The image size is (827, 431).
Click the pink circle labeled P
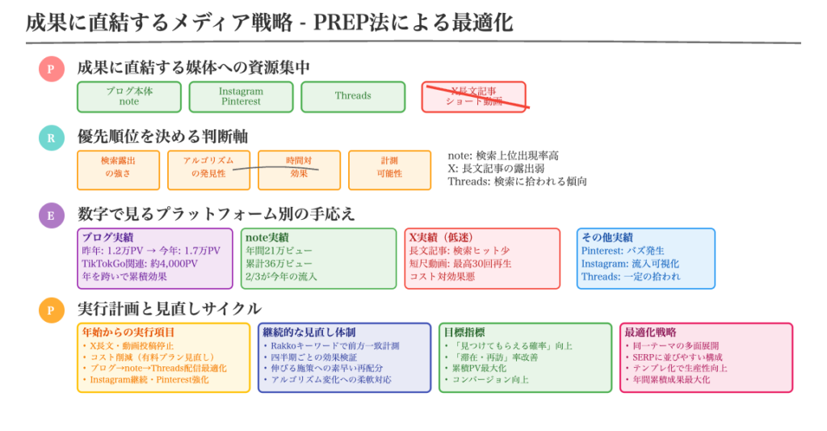pyautogui.click(x=51, y=69)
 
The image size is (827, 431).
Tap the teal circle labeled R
pyautogui.click(x=51, y=137)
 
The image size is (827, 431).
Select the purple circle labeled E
pyautogui.click(x=51, y=215)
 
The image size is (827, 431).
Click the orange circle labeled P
pyautogui.click(x=51, y=310)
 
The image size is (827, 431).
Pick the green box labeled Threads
pyautogui.click(x=353, y=96)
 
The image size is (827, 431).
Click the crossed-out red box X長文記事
pyautogui.click(x=474, y=96)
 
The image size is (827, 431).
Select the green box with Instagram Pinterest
pyautogui.click(x=241, y=96)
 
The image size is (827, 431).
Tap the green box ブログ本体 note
pyautogui.click(x=129, y=96)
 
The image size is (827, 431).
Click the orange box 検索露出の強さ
pyautogui.click(x=118, y=167)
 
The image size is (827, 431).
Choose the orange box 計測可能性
pyautogui.click(x=389, y=167)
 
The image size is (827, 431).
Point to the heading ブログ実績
pyautogui.click(x=108, y=238)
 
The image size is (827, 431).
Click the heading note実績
pyautogui.click(x=267, y=238)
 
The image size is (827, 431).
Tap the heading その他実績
pyautogui.click(x=609, y=238)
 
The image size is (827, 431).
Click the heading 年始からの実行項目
pyautogui.click(x=128, y=332)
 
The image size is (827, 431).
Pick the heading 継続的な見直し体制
pyautogui.click(x=309, y=332)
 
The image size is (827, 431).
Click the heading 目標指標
pyautogui.click(x=464, y=332)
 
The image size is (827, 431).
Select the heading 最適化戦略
pyautogui.click(x=651, y=332)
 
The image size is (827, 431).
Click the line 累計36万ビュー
pyautogui.click(x=279, y=264)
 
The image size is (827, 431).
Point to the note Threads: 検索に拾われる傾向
pyautogui.click(x=517, y=182)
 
